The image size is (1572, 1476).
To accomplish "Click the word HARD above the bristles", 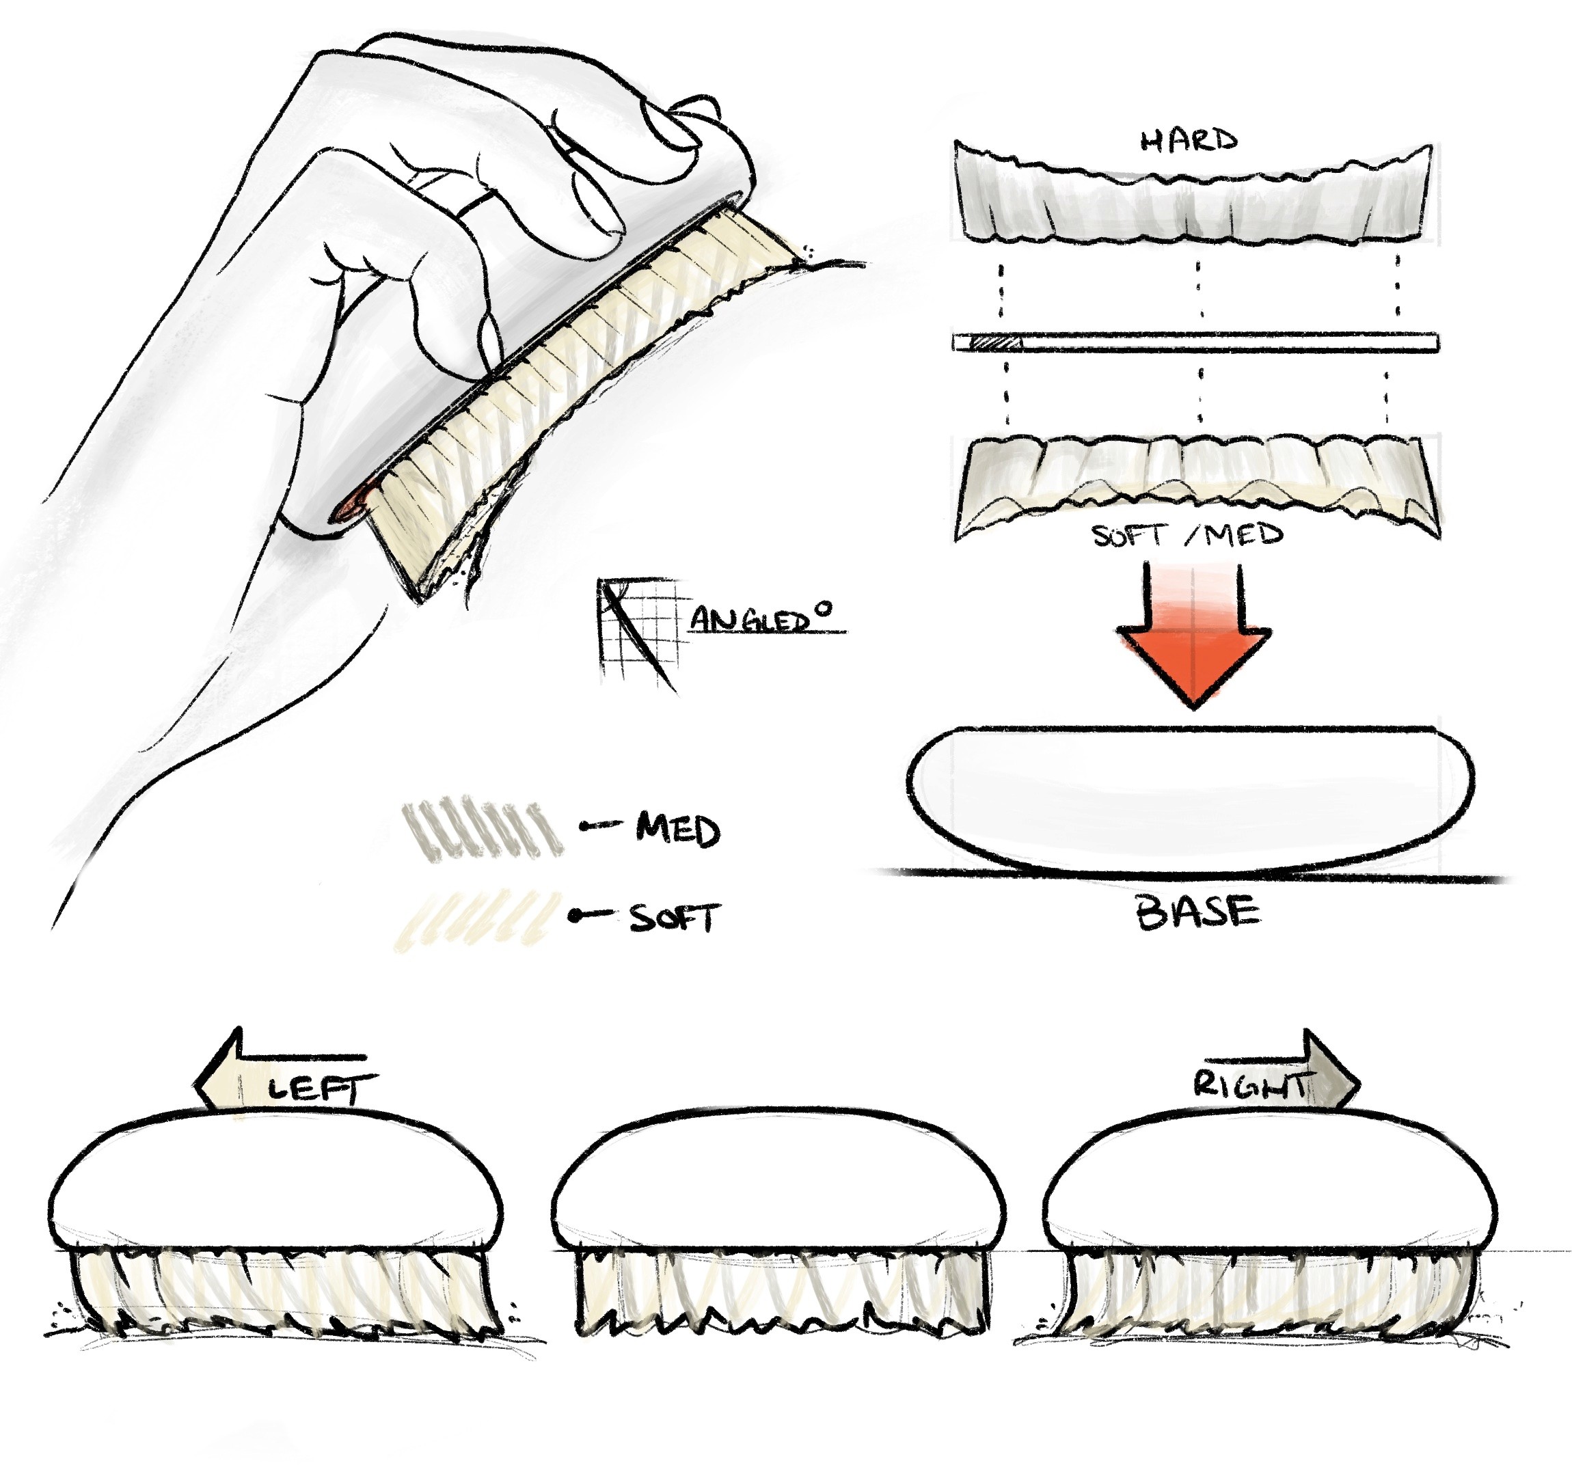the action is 1189,141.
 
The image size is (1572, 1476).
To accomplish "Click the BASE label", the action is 1197,912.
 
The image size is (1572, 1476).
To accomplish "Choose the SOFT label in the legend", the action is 674,917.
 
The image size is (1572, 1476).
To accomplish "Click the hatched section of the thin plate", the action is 996,342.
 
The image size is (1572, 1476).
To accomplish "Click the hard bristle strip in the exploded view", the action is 1193,197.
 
